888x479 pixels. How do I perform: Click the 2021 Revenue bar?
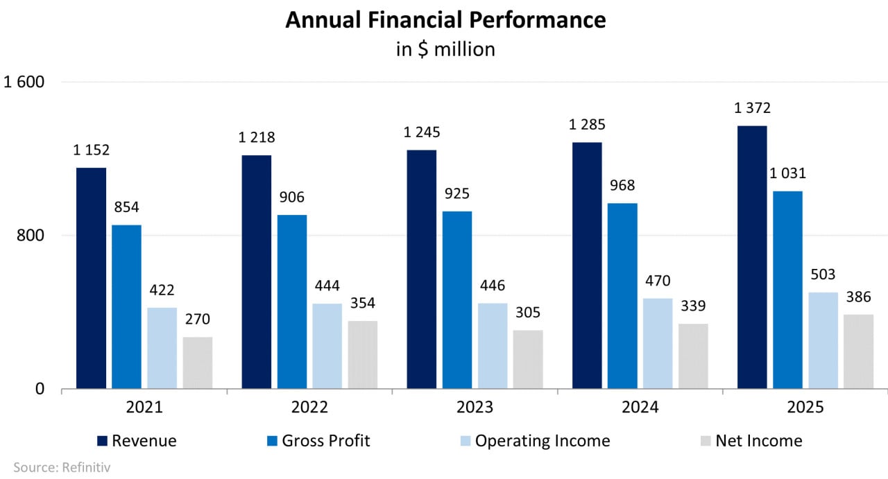pyautogui.click(x=91, y=278)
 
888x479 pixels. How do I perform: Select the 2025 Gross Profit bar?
pyautogui.click(x=787, y=290)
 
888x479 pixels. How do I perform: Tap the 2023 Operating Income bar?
pyautogui.click(x=492, y=346)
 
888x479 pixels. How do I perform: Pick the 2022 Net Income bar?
pyautogui.click(x=363, y=354)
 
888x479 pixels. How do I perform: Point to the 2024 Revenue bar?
pyautogui.click(x=587, y=265)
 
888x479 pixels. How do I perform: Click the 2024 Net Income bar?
pyautogui.click(x=693, y=356)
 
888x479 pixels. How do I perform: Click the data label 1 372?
pyautogui.click(x=753, y=108)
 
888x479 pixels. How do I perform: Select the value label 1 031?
pyautogui.click(x=788, y=173)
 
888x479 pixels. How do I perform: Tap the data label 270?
pyautogui.click(x=197, y=320)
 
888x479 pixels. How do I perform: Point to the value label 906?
pyautogui.click(x=292, y=198)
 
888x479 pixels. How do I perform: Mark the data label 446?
pyautogui.click(x=493, y=286)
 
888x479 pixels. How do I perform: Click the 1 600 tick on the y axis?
pyautogui.click(x=24, y=82)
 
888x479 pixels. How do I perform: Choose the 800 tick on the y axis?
pyautogui.click(x=32, y=236)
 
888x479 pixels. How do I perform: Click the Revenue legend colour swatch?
pyautogui.click(x=103, y=441)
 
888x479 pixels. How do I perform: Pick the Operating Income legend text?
pyautogui.click(x=543, y=441)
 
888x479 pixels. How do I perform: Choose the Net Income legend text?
pyautogui.click(x=759, y=441)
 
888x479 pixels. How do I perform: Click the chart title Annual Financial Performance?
pyautogui.click(x=445, y=20)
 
